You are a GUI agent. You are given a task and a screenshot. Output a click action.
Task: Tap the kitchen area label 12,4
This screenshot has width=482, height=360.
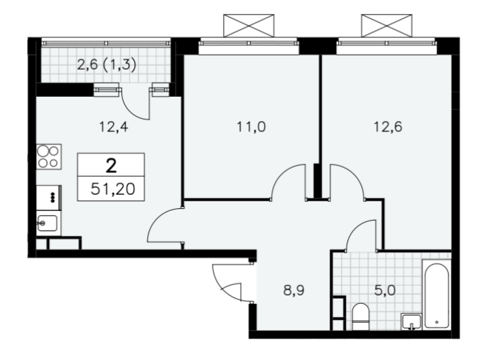(x=114, y=126)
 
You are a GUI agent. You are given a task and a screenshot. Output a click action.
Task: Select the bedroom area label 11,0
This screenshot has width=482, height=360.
(x=251, y=126)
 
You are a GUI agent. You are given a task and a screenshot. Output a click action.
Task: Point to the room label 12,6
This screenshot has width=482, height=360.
(x=388, y=126)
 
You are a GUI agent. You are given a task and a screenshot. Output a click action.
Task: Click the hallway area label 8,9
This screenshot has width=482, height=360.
(x=294, y=290)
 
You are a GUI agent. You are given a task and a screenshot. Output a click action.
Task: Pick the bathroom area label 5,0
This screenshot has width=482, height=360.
(x=385, y=290)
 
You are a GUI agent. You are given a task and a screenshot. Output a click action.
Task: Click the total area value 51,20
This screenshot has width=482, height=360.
(x=113, y=189)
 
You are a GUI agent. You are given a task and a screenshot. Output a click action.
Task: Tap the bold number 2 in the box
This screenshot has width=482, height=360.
(x=111, y=166)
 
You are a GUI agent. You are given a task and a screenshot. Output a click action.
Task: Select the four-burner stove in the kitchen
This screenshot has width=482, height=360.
(x=49, y=157)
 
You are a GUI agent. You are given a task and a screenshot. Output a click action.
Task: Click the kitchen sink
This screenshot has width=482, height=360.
(x=47, y=223)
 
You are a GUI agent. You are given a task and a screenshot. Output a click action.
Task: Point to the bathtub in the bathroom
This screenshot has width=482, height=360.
(x=436, y=295)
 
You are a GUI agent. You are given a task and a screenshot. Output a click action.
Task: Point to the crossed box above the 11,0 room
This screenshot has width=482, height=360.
(x=248, y=26)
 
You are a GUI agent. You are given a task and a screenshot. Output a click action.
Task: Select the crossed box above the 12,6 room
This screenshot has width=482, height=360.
(x=387, y=26)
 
